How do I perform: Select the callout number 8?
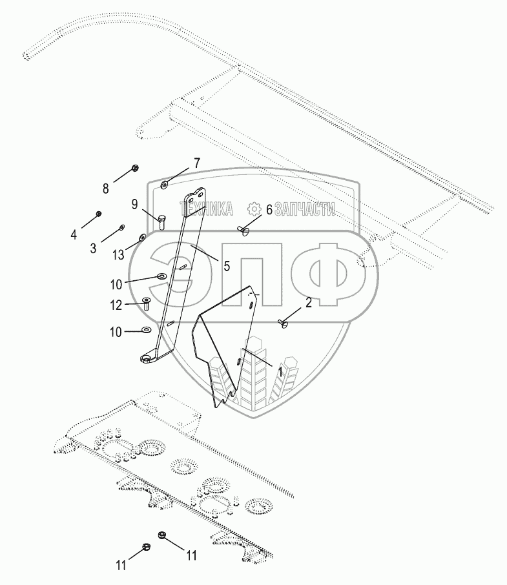pyautogui.click(x=107, y=189)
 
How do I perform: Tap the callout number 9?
pyautogui.click(x=134, y=205)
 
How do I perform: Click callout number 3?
pyautogui.click(x=93, y=247)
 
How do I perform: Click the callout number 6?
pyautogui.click(x=269, y=209)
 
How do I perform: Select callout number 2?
pyautogui.click(x=309, y=302)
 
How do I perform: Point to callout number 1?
pyautogui.click(x=280, y=372)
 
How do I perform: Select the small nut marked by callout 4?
pyautogui.click(x=99, y=214)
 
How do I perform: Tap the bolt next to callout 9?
pyautogui.click(x=161, y=222)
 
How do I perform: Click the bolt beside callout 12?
pyautogui.click(x=145, y=304)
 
